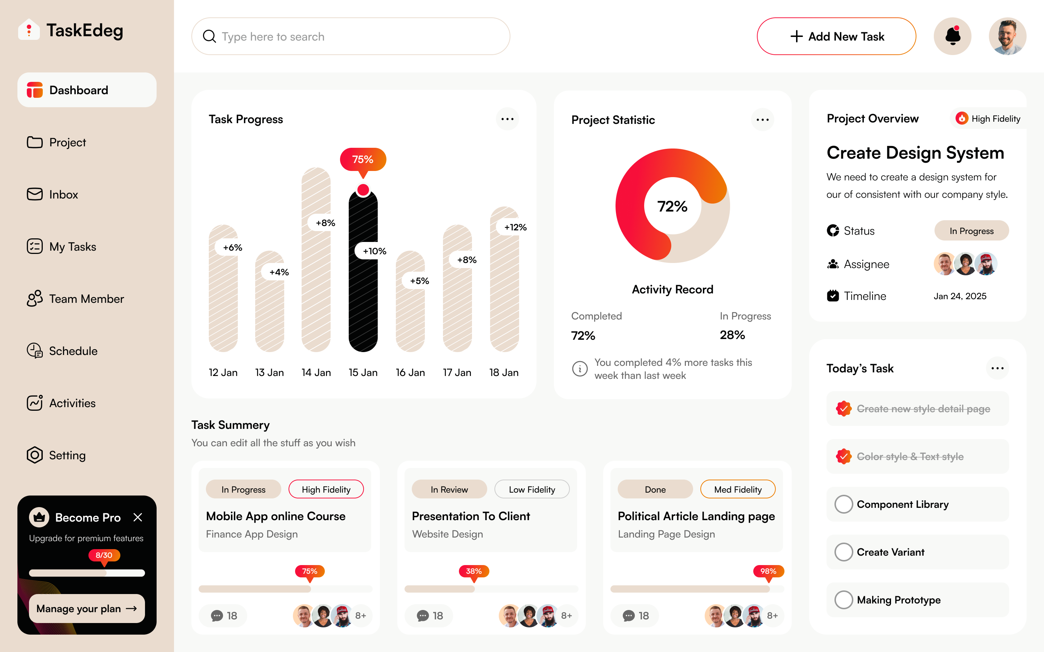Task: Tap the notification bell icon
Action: (952, 36)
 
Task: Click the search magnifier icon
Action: (209, 36)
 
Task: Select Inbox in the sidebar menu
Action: (63, 195)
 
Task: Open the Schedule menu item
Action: (73, 351)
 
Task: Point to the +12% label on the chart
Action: (515, 227)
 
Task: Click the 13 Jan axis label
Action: (269, 373)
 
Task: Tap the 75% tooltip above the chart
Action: (363, 159)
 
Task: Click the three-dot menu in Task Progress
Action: (507, 119)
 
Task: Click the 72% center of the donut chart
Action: (672, 206)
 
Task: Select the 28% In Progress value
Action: (732, 335)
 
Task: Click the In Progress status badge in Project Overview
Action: (971, 231)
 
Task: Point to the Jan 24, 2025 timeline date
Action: (960, 296)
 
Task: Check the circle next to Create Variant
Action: (844, 552)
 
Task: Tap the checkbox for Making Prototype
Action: (844, 600)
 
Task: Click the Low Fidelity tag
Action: (531, 489)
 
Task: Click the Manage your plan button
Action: (87, 609)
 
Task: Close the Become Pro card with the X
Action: (138, 518)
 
